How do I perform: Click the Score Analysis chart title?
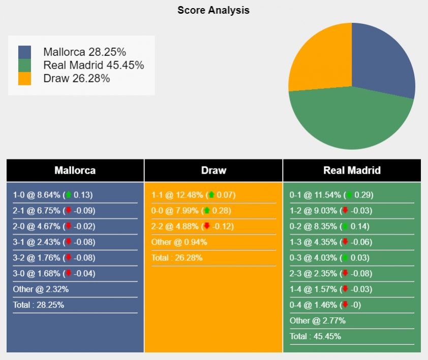point(213,10)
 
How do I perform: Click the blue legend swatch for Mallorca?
point(24,52)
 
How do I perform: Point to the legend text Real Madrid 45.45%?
point(94,65)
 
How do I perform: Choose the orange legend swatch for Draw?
point(24,78)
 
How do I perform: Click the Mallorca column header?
point(75,171)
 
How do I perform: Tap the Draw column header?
point(213,171)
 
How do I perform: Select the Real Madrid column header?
point(352,171)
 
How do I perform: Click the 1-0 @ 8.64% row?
point(53,195)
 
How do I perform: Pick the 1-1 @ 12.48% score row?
point(193,195)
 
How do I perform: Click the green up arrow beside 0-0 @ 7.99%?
point(207,211)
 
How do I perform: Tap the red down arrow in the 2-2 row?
point(207,226)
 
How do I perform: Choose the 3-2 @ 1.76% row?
point(53,258)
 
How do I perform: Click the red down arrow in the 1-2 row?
point(345,211)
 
